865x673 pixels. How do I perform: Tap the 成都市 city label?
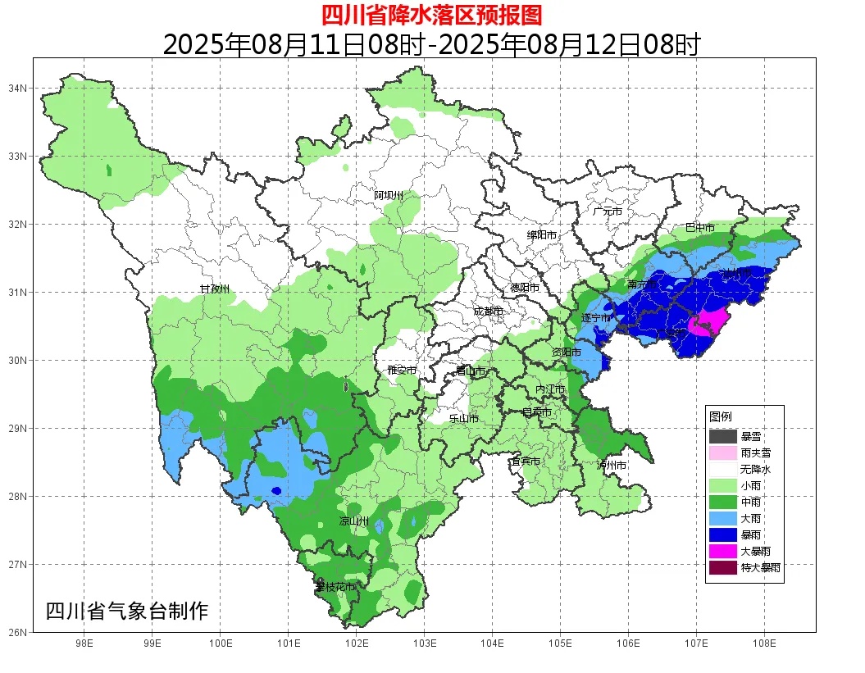[488, 311]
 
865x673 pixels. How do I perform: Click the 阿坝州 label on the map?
[389, 195]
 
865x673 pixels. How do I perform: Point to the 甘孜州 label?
[215, 289]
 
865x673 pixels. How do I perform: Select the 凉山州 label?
[353, 521]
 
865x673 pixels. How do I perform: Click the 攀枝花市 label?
[335, 587]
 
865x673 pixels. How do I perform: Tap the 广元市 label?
[608, 211]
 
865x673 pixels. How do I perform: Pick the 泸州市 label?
[612, 466]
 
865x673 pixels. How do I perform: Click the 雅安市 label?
[402, 371]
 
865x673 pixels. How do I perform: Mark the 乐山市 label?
[464, 419]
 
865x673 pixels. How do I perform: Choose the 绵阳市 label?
[542, 235]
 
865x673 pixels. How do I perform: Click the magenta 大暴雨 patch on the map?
[708, 322]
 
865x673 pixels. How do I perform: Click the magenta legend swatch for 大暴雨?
[723, 551]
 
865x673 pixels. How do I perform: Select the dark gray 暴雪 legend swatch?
[723, 436]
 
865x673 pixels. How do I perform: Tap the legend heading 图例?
[722, 416]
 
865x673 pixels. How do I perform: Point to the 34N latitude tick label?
[18, 88]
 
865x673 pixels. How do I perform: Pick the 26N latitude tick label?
[18, 632]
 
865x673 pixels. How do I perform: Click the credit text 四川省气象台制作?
[127, 611]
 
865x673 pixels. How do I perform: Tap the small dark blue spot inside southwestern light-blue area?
[276, 490]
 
